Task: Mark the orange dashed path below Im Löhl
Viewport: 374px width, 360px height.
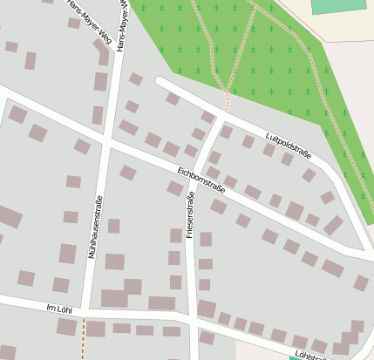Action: point(85,338)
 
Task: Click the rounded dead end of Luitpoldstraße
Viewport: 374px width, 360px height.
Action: point(160,81)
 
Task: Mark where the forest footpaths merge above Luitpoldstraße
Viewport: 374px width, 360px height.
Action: point(228,89)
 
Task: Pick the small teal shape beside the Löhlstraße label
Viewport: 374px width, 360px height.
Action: point(296,357)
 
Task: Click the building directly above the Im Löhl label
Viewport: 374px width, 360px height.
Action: point(60,285)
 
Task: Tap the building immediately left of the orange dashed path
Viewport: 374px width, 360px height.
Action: point(66,327)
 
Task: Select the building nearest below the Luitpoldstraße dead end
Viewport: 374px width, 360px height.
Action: point(173,98)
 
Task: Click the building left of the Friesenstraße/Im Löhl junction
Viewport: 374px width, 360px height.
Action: point(161,303)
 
